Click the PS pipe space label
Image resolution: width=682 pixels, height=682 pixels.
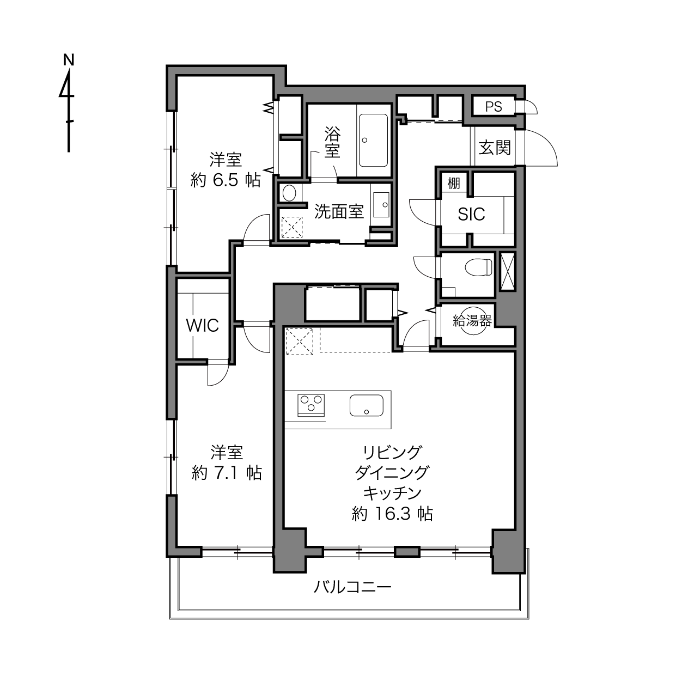coord(494,107)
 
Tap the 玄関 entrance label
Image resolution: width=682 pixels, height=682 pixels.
coord(495,148)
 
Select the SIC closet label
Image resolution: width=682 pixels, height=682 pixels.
coord(471,214)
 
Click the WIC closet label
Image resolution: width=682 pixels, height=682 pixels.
coord(203,326)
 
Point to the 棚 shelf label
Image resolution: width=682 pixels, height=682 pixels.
coord(454,184)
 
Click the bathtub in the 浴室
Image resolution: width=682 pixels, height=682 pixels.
coord(373,140)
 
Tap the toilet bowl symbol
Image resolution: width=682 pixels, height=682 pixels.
coord(478,267)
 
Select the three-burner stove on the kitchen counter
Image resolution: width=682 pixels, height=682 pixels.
coord(311,405)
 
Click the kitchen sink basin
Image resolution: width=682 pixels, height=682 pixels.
coord(366,405)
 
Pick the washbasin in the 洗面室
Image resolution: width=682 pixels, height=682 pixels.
coord(381,205)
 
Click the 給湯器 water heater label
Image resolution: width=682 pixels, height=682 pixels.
coord(472,321)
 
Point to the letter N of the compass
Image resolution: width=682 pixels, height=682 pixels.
coord(69,60)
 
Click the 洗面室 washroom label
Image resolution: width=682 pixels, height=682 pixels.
coord(339,211)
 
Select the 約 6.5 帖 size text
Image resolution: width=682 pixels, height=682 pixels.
coord(226,180)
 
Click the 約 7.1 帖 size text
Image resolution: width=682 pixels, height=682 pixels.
coord(227,473)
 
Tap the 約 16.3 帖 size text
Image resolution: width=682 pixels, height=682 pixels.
coord(392,514)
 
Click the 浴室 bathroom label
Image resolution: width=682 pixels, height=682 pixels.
coord(333,142)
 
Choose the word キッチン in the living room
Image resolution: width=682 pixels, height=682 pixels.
coord(392,494)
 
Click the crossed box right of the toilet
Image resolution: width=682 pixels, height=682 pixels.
coord(508,271)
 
